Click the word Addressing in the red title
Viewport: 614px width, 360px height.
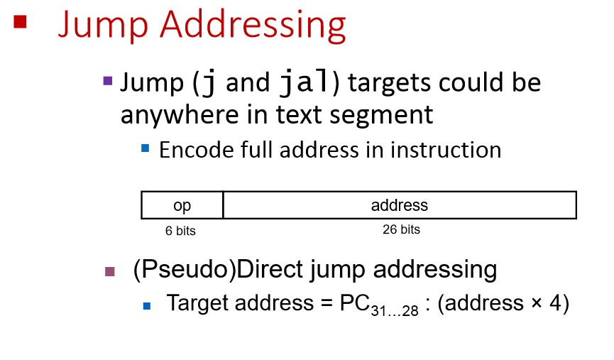pos(253,26)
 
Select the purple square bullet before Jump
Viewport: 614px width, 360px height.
pos(108,81)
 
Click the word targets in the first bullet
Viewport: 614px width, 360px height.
pos(390,84)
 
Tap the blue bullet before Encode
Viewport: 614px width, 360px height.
pos(146,148)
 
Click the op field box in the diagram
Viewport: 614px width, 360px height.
pos(182,205)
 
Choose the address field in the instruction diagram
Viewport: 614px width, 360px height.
pos(400,205)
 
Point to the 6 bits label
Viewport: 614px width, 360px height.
pos(181,231)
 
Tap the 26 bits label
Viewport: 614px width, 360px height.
pos(400,230)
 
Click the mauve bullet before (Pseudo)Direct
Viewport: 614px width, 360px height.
pos(109,271)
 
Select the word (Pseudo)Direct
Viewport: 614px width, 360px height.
pos(210,270)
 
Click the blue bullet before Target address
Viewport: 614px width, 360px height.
pos(147,305)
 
